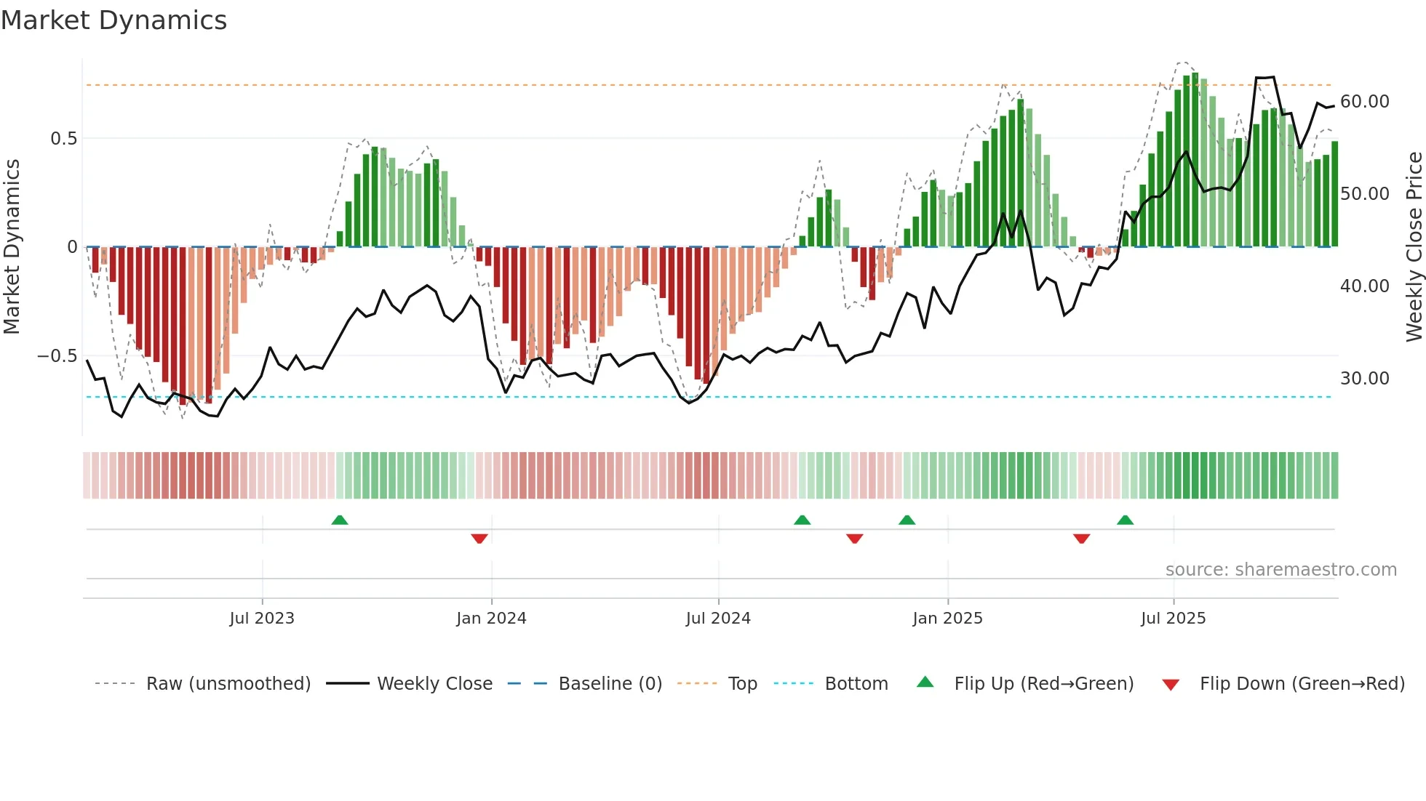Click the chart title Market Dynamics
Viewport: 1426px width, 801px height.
(x=113, y=20)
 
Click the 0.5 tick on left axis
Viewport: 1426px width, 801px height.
(x=63, y=139)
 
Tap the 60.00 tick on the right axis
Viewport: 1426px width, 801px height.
(x=1364, y=102)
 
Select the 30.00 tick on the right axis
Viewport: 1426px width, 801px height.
(x=1364, y=379)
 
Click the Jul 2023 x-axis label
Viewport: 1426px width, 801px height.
(x=262, y=619)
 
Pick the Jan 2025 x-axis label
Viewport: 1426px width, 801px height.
(x=947, y=619)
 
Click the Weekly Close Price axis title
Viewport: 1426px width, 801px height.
(x=1414, y=246)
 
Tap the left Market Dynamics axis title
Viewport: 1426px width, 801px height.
(x=12, y=246)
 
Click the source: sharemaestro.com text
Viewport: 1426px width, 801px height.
(x=1280, y=570)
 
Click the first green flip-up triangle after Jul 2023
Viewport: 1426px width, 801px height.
(x=340, y=520)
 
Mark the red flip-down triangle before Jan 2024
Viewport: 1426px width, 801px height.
(x=479, y=539)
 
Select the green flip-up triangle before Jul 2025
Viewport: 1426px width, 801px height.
(x=1125, y=520)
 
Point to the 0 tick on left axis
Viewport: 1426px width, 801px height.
(x=72, y=247)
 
